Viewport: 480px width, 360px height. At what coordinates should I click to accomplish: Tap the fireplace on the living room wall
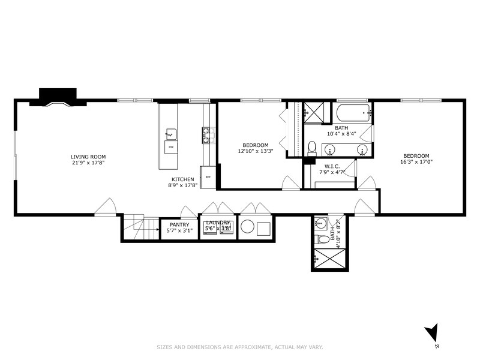point(58,97)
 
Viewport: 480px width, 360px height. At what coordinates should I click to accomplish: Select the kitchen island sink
point(170,133)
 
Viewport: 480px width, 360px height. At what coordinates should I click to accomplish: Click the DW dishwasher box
point(170,147)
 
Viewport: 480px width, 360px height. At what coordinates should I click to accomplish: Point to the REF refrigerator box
point(208,176)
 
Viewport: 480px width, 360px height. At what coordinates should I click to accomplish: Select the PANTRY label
point(179,224)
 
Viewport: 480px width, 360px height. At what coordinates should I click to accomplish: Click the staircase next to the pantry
point(141,228)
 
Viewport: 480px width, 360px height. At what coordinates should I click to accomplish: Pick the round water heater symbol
point(248,228)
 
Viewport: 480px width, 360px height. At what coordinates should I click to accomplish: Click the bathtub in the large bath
point(351,112)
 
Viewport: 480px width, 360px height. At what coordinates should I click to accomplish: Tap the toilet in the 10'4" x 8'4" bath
point(311,148)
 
